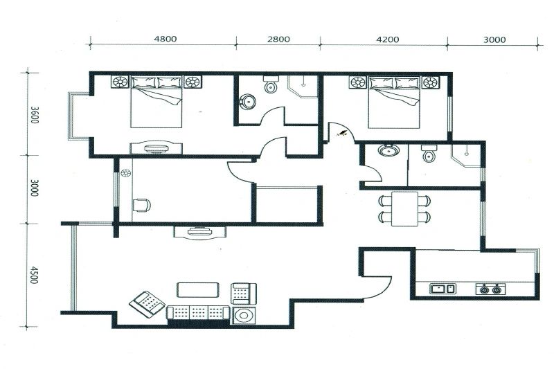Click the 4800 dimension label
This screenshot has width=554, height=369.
[x=166, y=39]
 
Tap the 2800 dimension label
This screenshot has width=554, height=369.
[x=278, y=39]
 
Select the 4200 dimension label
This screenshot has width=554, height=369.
[x=388, y=39]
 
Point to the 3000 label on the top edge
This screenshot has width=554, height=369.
[x=494, y=40]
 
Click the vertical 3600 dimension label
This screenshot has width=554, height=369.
[x=34, y=115]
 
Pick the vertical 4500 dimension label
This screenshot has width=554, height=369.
[x=33, y=275]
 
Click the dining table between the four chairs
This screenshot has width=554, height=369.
[x=404, y=208]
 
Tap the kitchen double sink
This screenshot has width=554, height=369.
[x=443, y=289]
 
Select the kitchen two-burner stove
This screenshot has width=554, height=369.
[x=490, y=289]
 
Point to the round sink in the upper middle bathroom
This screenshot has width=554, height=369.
[x=248, y=101]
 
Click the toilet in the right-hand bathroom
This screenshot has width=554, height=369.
[x=429, y=153]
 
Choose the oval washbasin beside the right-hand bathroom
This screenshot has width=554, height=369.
[x=388, y=150]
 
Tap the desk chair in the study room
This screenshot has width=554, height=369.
[x=142, y=205]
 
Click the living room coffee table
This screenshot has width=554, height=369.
[x=198, y=290]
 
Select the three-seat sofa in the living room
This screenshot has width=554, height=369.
[x=198, y=313]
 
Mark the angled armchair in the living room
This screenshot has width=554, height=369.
[x=147, y=304]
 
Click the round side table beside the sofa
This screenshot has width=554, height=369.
[x=244, y=315]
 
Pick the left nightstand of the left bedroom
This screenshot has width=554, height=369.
[x=120, y=82]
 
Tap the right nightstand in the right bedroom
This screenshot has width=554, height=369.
[x=430, y=82]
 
